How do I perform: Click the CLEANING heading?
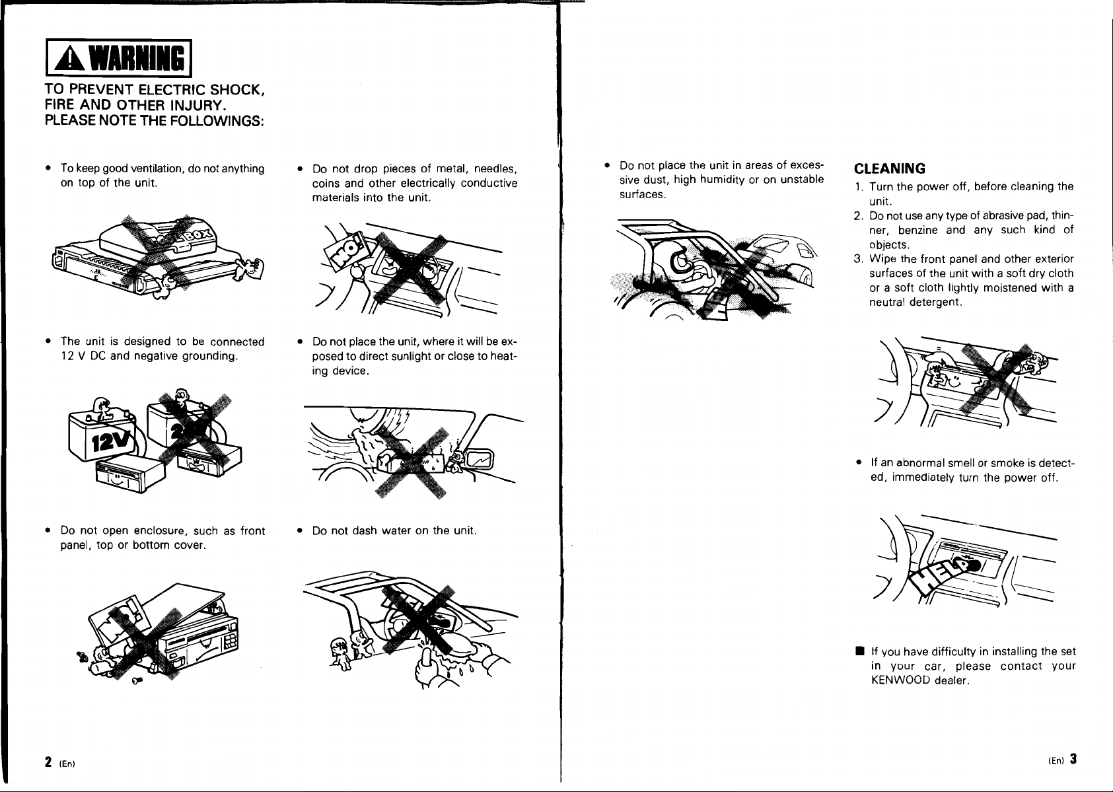click(889, 169)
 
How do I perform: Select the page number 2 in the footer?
click(48, 762)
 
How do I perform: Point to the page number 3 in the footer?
click(1074, 759)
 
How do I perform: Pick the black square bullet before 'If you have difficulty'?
click(860, 651)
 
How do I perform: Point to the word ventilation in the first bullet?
click(157, 168)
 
